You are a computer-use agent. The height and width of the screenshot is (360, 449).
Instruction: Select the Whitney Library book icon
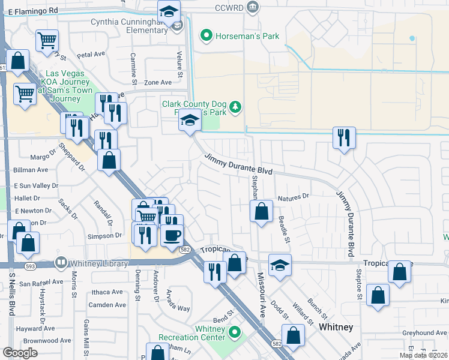click(x=61, y=263)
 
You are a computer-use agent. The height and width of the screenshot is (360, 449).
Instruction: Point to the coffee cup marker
click(x=172, y=235)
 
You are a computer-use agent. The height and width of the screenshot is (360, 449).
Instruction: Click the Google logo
click(x=20, y=353)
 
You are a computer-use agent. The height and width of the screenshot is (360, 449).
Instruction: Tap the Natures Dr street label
click(x=293, y=196)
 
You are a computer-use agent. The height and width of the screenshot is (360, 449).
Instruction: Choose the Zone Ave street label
click(x=158, y=83)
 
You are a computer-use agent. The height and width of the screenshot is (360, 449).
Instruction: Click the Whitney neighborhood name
click(x=336, y=327)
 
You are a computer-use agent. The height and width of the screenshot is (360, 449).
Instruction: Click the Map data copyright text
click(x=423, y=355)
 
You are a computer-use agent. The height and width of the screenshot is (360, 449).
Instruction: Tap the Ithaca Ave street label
click(x=108, y=292)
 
